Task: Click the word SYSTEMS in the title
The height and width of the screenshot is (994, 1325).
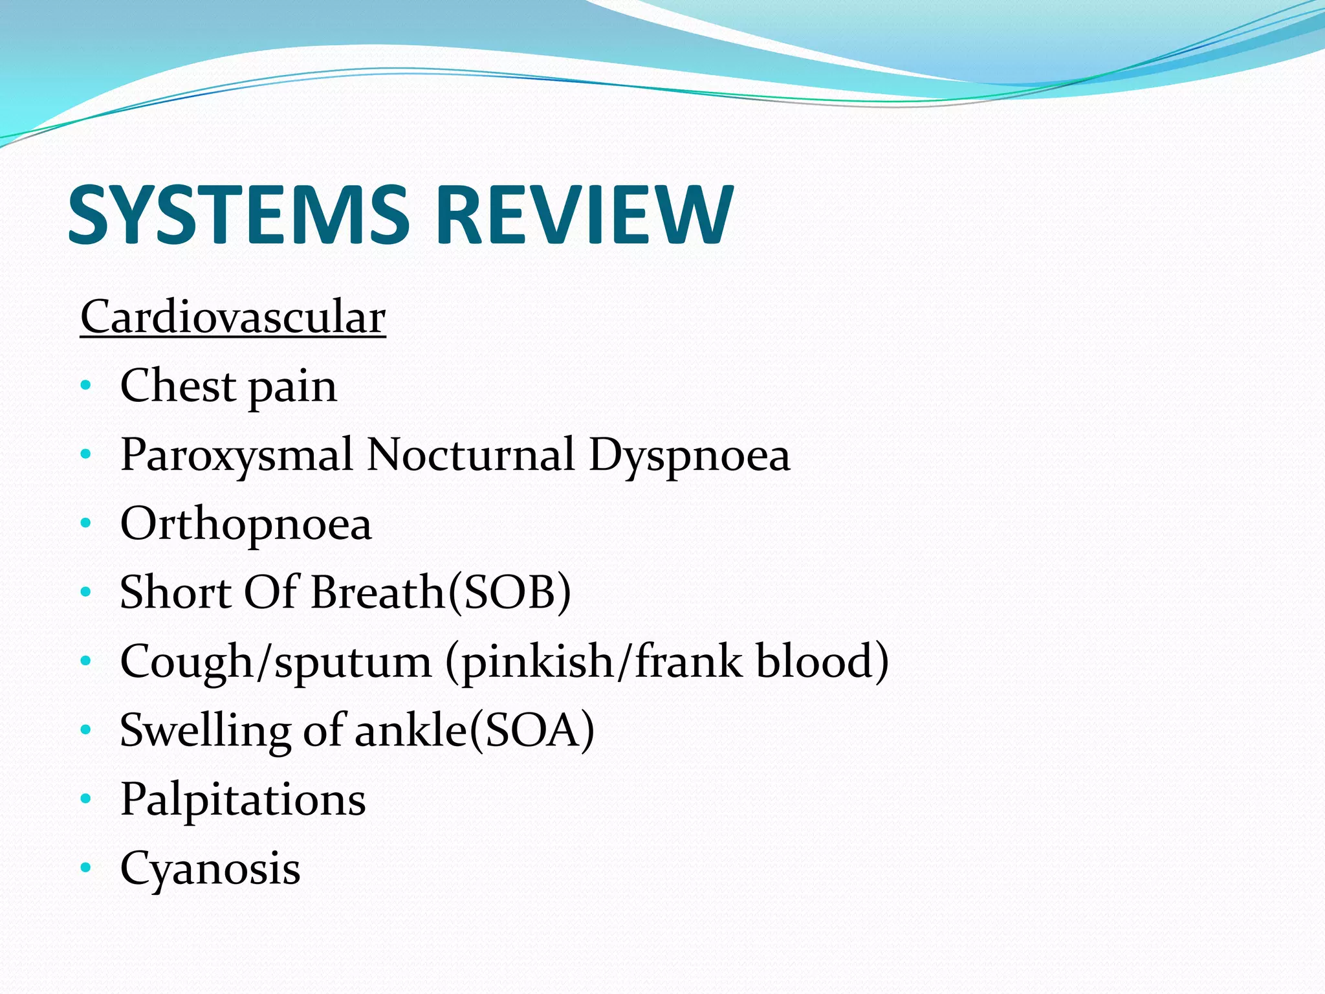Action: click(238, 215)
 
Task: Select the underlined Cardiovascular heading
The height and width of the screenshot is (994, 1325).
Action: click(233, 318)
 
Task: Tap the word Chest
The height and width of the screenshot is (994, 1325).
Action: click(177, 386)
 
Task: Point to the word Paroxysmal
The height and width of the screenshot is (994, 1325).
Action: click(237, 456)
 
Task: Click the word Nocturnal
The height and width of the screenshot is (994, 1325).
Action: click(470, 454)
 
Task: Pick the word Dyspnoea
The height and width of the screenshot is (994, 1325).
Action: click(690, 456)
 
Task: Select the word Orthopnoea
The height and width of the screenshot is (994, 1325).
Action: click(246, 525)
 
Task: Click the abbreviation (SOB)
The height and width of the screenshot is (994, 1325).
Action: click(510, 593)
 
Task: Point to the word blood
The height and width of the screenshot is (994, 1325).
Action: click(814, 661)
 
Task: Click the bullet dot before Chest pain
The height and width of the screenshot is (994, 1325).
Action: click(86, 386)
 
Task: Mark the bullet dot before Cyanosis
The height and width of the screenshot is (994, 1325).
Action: click(86, 867)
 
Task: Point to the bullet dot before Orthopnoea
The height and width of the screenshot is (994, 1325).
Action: click(86, 524)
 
